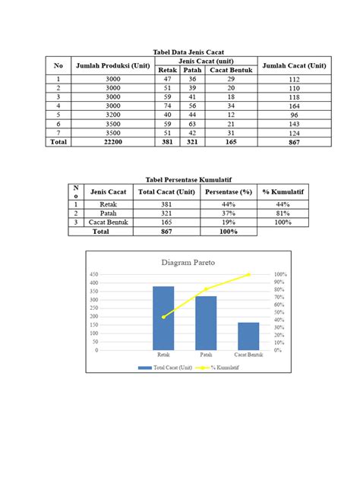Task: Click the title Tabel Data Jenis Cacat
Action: click(x=179, y=51)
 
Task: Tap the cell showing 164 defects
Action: click(x=295, y=106)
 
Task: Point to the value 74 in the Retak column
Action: click(x=168, y=106)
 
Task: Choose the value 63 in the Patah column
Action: click(x=192, y=124)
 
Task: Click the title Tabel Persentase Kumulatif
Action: click(x=179, y=179)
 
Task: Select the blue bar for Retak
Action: click(x=163, y=319)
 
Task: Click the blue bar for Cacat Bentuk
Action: click(x=248, y=336)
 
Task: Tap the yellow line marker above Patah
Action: click(x=206, y=289)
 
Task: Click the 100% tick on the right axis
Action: click(x=279, y=274)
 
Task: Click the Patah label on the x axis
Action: click(x=206, y=355)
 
